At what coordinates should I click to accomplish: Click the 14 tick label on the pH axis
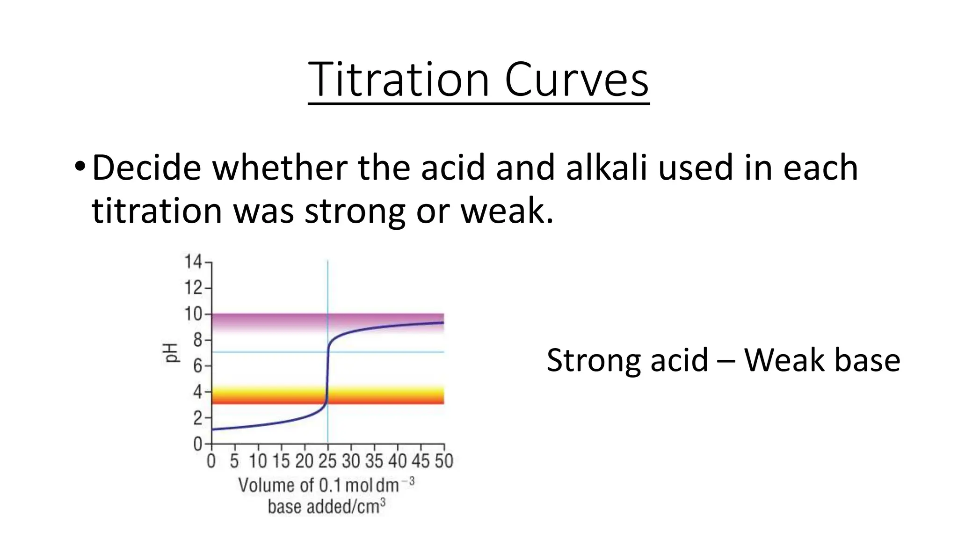[x=193, y=262]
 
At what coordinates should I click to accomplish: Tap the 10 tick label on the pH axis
[x=193, y=314]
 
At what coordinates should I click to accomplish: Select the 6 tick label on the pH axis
[x=197, y=366]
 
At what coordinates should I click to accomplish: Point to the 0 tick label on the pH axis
[x=197, y=444]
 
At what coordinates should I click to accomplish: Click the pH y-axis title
[x=172, y=353]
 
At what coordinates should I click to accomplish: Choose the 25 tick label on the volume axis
[x=327, y=461]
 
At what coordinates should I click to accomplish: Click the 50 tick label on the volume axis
[x=444, y=461]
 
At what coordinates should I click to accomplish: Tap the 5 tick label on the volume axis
[x=234, y=461]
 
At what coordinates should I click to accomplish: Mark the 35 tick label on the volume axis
[x=374, y=461]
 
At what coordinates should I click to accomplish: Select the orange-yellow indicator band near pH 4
[x=384, y=395]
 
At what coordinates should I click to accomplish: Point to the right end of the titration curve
[x=443, y=322]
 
